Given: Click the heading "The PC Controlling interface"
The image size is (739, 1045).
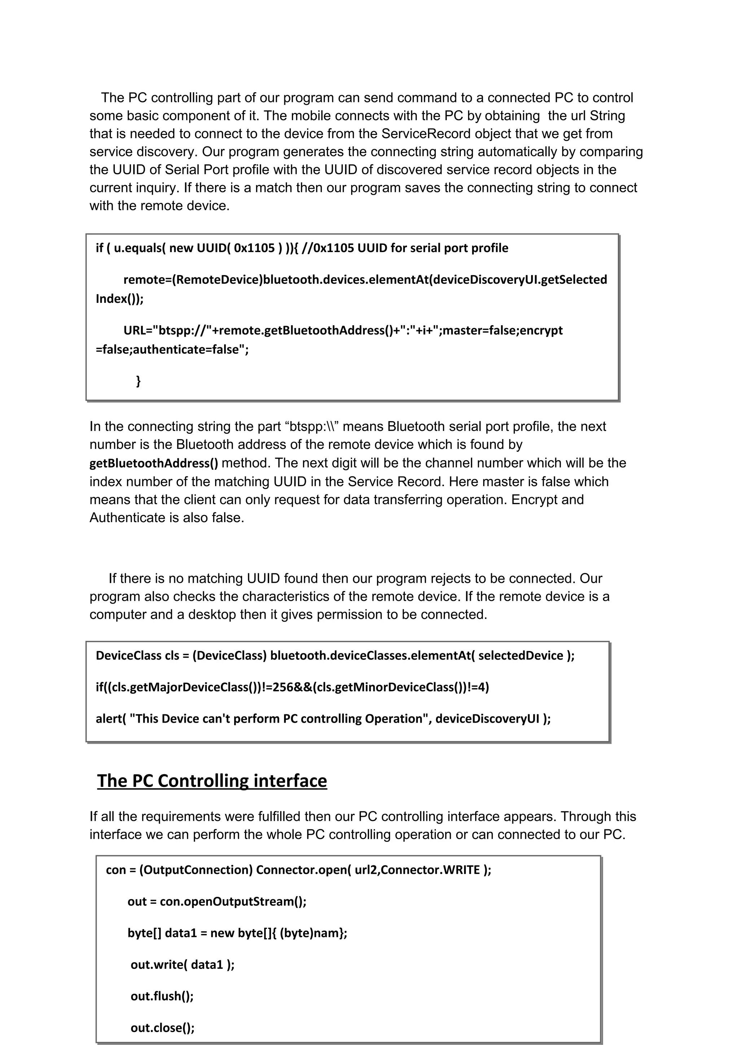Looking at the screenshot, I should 212,781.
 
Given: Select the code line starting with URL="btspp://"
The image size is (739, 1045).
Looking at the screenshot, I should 342,330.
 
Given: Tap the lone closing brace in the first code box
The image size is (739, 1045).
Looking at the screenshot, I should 139,380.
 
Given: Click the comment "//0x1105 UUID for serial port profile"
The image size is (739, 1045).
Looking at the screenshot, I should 405,248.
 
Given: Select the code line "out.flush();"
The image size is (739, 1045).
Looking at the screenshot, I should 162,996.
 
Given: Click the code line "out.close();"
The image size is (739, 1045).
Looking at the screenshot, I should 162,1028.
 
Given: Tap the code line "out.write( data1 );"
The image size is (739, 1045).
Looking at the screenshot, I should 182,965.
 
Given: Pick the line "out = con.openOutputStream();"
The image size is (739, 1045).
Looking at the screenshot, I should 217,901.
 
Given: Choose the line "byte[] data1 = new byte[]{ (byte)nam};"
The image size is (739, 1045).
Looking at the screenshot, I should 237,933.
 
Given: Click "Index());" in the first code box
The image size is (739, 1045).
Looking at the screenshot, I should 119,299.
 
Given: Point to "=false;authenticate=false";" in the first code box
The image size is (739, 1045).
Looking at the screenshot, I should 172,349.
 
